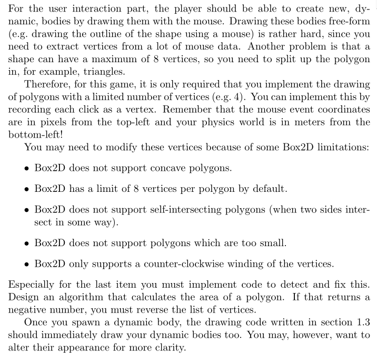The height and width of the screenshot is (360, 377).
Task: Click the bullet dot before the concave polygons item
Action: (26, 168)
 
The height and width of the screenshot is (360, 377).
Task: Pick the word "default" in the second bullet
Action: (271, 188)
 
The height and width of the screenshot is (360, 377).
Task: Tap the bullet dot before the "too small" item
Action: (26, 243)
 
